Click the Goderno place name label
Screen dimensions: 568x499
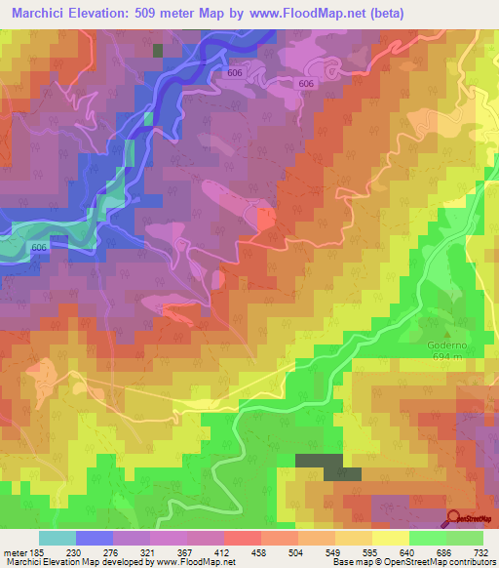click(x=446, y=344)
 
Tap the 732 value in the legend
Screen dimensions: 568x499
click(x=481, y=551)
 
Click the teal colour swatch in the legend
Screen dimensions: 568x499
click(x=58, y=538)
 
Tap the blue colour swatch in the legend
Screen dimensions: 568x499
click(x=95, y=538)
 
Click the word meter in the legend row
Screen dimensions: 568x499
click(x=14, y=551)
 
